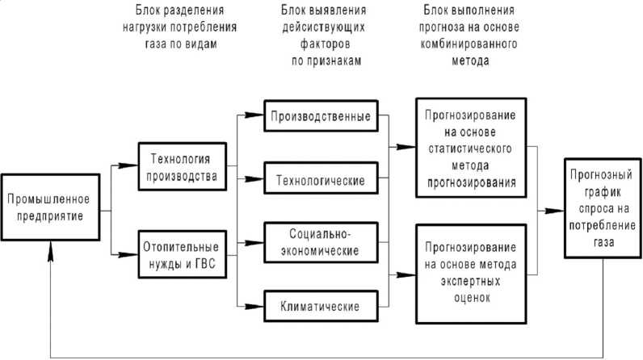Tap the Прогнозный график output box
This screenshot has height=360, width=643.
coord(600,207)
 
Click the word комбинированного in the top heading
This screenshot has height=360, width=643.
coord(459,48)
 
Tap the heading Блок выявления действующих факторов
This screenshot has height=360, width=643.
coord(319,30)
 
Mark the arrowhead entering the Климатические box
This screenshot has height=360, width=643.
coord(260,306)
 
